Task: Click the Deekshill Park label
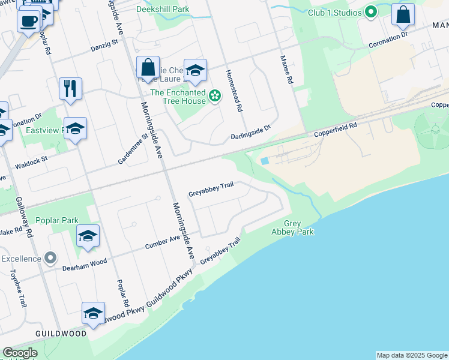point(163,9)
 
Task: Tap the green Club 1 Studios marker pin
point(371,12)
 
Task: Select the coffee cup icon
point(28,22)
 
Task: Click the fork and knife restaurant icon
point(71,88)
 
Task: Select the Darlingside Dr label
point(252,133)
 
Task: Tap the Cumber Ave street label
point(163,242)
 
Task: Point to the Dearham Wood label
point(85,262)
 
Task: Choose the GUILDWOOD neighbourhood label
point(61,333)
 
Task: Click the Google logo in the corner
point(20,353)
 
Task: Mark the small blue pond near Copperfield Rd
point(265,161)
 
